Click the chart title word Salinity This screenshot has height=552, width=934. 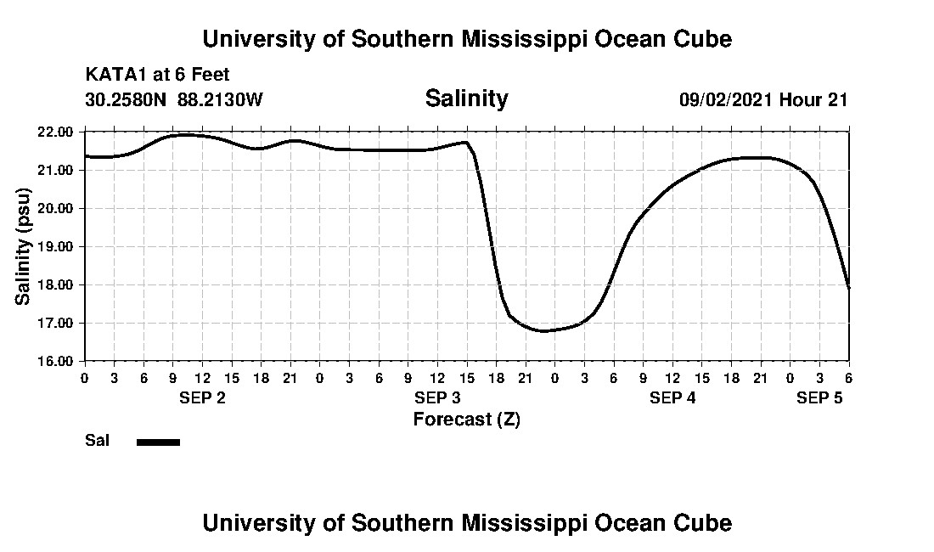466,99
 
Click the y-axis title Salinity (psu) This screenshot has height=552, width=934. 24,246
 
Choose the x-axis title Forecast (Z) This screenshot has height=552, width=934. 466,419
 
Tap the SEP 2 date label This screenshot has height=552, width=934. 202,398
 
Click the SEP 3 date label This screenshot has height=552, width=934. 437,398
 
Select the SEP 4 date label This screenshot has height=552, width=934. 672,398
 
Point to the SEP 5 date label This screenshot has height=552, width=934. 819,398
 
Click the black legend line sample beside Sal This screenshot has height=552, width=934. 158,442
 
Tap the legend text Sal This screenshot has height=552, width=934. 97,441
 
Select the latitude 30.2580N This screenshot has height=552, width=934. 127,99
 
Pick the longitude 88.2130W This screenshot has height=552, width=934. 221,99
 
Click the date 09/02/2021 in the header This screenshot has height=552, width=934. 726,99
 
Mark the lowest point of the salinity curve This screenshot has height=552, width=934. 544,330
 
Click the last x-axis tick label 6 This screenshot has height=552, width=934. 848,378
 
